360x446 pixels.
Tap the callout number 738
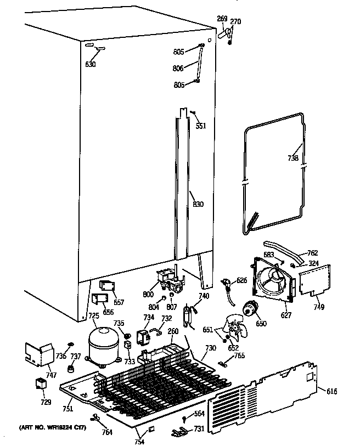(293, 159)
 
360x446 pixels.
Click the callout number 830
(198, 205)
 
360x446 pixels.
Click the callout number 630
(91, 64)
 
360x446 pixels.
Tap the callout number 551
(201, 126)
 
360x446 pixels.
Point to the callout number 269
(222, 19)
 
